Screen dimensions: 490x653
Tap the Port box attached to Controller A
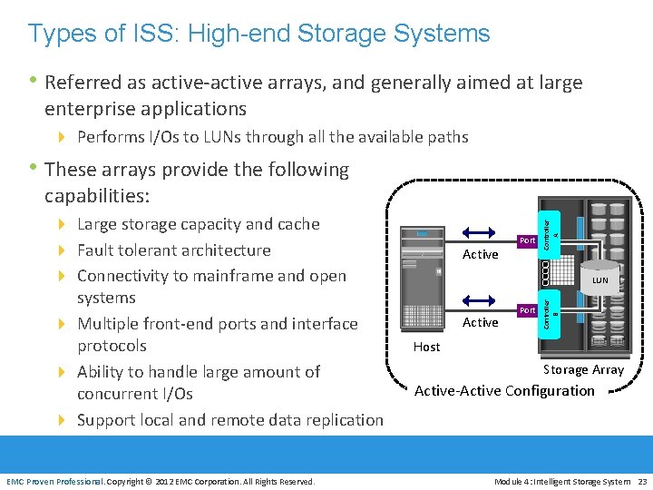point(528,240)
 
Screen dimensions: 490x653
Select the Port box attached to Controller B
point(528,310)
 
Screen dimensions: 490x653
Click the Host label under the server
point(426,347)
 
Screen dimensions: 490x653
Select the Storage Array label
point(583,369)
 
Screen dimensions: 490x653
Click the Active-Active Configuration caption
point(504,391)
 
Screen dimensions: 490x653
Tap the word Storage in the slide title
point(352,34)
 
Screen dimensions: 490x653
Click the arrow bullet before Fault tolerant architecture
point(63,250)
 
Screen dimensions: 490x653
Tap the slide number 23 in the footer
point(642,481)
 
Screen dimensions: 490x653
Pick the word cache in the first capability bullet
point(298,224)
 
